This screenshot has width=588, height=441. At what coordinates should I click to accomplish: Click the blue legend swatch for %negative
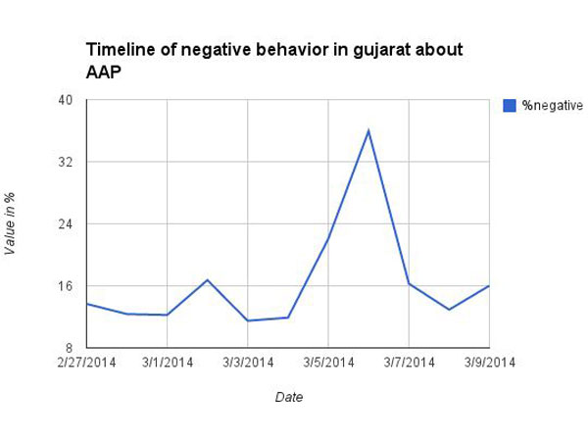510,105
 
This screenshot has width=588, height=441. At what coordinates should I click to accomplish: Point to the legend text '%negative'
552,105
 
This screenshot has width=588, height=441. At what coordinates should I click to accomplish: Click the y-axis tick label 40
67,100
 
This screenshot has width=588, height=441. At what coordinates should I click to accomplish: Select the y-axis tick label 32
67,162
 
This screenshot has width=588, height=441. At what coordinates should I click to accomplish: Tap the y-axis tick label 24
67,224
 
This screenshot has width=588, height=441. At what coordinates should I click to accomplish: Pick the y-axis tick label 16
67,286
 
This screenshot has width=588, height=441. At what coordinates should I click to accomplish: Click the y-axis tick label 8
71,348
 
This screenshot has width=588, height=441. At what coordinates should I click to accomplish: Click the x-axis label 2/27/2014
86,363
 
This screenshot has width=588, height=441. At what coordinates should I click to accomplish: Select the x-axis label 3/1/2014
167,363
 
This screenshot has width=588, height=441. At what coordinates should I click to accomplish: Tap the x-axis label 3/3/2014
247,363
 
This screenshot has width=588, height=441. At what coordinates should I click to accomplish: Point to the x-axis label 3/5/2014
327,363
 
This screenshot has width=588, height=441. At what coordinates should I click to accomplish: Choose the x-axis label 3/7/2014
409,363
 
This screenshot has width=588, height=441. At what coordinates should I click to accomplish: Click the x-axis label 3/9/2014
488,363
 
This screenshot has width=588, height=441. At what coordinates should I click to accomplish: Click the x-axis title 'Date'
288,398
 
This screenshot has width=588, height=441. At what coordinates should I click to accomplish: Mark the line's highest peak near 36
368,130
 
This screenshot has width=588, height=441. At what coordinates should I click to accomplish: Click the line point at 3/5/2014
327,239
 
